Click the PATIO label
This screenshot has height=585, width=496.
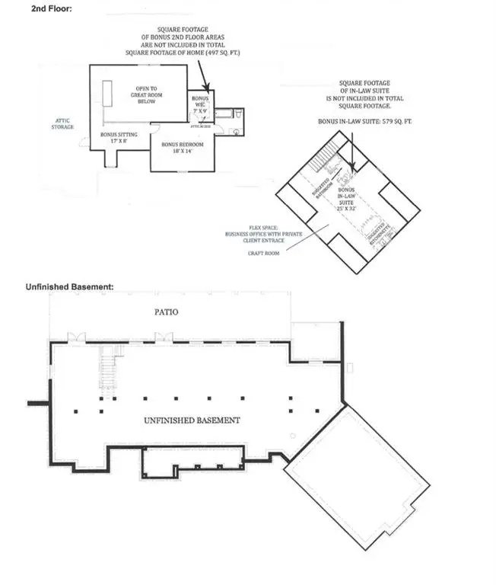pyautogui.click(x=169, y=312)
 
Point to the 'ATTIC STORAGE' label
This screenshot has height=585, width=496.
pyautogui.click(x=64, y=123)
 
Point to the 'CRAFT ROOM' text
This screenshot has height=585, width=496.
pyautogui.click(x=264, y=252)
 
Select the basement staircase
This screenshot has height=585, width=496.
pyautogui.click(x=109, y=367)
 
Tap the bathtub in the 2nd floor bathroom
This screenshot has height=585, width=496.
pyautogui.click(x=224, y=114)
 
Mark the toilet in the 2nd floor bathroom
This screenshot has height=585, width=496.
pyautogui.click(x=239, y=115)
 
